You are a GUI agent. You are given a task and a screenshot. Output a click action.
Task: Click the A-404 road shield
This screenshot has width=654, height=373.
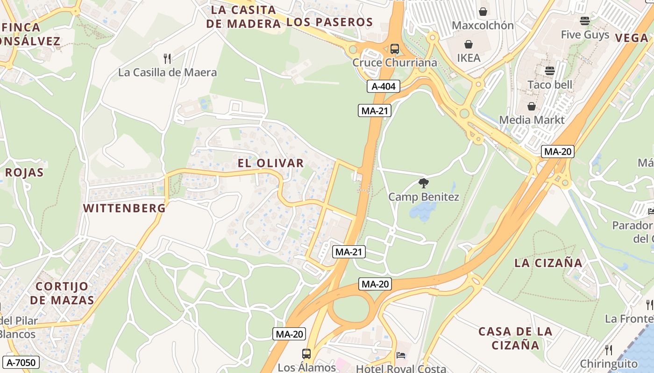pos(383,86)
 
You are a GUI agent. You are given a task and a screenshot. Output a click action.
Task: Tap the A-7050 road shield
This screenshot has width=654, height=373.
pos(21,362)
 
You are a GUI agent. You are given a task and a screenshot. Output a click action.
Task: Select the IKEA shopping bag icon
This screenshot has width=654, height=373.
pos(468,45)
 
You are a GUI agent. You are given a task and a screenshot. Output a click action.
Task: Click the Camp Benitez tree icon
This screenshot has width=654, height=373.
pos(424,183)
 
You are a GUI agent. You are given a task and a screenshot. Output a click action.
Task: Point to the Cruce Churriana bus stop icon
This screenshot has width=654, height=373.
pos(394,48)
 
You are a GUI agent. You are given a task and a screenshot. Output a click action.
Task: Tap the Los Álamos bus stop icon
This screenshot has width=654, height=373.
pos(306,354)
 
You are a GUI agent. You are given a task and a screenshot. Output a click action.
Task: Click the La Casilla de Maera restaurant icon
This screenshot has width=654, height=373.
pos(167,59)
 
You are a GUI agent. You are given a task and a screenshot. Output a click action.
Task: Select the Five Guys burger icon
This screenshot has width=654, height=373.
pos(585,21)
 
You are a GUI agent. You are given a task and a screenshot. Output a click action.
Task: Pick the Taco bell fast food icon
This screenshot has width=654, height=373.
pos(549,71)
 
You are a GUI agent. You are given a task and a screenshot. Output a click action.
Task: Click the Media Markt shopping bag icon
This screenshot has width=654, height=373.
pos(531,106)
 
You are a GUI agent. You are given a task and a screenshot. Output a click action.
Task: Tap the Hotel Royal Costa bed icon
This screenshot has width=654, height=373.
pos(401,355)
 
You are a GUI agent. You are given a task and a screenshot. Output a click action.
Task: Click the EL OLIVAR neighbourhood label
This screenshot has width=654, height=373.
pos(271,163)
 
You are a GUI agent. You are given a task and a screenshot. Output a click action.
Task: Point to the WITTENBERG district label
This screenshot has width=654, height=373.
pos(125,208)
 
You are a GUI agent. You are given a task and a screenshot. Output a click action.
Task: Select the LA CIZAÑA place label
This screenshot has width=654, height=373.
pos(548,263)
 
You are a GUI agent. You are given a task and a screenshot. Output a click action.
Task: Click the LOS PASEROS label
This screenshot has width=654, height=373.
pos(329,22)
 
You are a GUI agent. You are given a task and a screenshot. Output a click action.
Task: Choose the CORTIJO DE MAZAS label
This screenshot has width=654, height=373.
pos(62,293)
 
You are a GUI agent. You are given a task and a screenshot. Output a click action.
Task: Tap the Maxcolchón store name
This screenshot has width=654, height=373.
pos(483,25)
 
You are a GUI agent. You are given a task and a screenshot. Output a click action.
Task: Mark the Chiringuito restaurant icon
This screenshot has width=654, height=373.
pos(608,350)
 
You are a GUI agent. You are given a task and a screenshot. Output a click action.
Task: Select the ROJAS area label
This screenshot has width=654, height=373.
pos(24,173)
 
